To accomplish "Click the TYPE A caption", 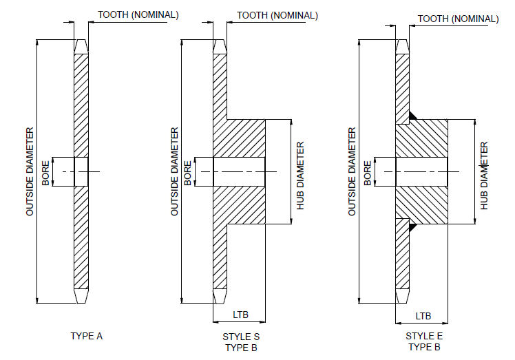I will coord(86,336).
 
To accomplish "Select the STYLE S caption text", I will coord(241,337).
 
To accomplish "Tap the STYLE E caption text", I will coord(424,336).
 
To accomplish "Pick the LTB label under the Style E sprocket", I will coord(423,315).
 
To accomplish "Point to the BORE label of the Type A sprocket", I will coord(45,171).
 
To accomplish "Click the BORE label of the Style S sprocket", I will coord(188,171).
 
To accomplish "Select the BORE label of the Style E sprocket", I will coord(368,171).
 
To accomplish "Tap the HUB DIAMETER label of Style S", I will coord(300,176).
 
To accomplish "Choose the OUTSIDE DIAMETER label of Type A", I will coord(30,171).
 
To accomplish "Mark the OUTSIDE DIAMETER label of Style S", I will coord(174,171).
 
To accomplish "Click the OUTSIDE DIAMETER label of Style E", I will coord(353,171).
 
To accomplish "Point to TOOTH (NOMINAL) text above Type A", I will coord(138,14).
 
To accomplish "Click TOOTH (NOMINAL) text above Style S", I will coord(277,14).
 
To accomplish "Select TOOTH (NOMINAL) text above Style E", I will coord(458,19).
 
